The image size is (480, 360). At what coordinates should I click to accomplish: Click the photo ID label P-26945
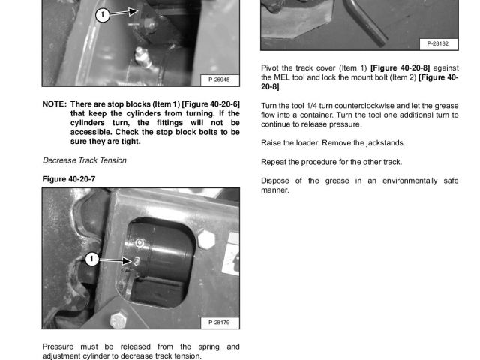pyautogui.click(x=219, y=79)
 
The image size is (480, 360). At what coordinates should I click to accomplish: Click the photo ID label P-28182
pyautogui.click(x=438, y=44)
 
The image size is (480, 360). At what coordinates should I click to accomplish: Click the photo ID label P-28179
pyautogui.click(x=219, y=322)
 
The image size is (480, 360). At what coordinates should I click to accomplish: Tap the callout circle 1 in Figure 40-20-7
pyautogui.click(x=91, y=259)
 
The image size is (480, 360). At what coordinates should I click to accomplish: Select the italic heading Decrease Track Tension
pyautogui.click(x=85, y=160)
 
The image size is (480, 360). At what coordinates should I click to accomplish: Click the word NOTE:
pyautogui.click(x=55, y=103)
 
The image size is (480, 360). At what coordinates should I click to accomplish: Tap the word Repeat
pyautogui.click(x=274, y=162)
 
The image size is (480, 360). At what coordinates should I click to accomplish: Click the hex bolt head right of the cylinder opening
pyautogui.click(x=208, y=240)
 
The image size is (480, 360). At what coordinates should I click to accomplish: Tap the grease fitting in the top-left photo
pyautogui.click(x=139, y=54)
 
